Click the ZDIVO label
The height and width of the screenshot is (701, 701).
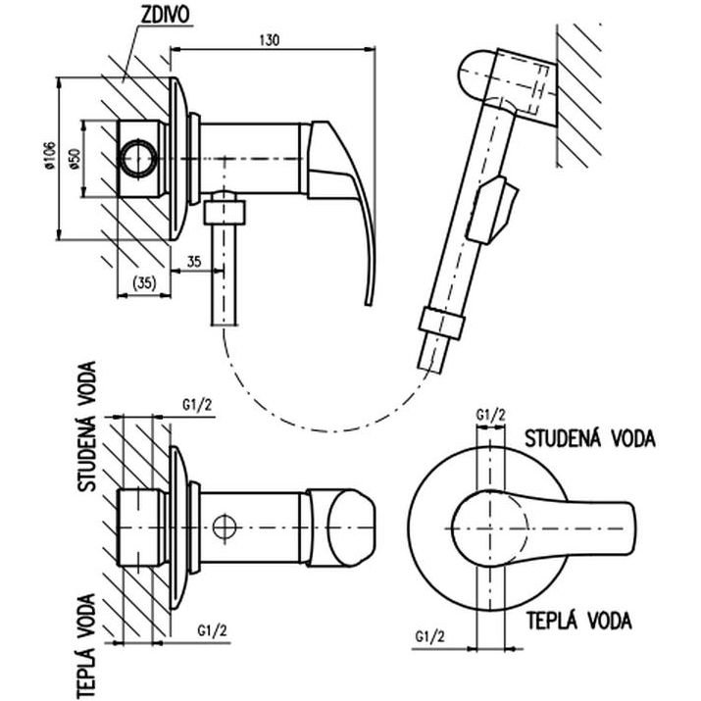[x=165, y=15]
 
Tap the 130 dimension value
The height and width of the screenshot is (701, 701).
[x=270, y=40]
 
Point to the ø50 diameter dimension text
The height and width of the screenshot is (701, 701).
[x=75, y=159]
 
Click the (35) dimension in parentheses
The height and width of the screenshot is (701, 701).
[x=144, y=282]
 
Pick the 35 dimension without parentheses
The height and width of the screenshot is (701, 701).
[x=194, y=262]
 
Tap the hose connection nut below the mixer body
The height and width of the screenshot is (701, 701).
[x=225, y=213]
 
